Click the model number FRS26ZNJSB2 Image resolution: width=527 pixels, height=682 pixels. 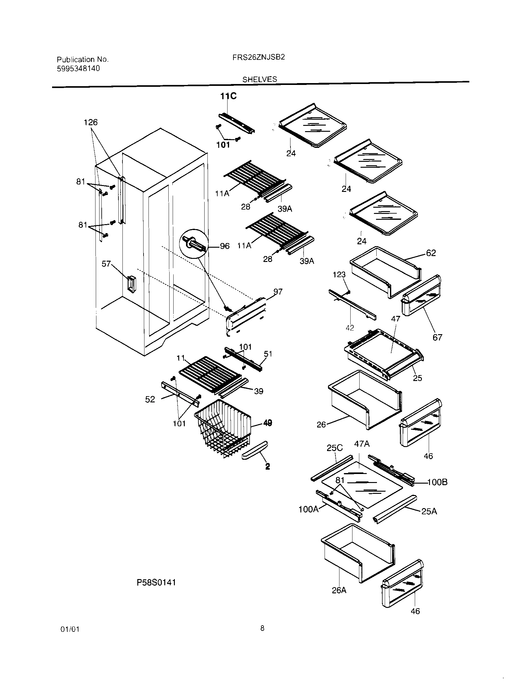(x=259, y=57)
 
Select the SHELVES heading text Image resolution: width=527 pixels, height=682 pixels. (x=260, y=79)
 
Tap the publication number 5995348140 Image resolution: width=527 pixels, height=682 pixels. (x=78, y=69)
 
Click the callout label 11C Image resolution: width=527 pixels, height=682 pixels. (x=228, y=96)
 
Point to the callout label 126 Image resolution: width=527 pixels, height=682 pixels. (x=91, y=122)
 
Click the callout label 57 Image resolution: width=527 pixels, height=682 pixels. (x=106, y=264)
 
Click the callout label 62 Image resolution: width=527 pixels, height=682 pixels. (x=431, y=253)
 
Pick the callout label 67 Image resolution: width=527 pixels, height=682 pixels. (x=437, y=337)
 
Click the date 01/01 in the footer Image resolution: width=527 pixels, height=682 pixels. (x=70, y=629)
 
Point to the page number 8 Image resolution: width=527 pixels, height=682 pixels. (x=262, y=628)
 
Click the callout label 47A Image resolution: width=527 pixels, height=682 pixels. (x=362, y=444)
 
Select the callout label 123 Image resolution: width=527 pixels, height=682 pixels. (x=339, y=274)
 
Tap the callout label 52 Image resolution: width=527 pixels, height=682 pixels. (x=150, y=399)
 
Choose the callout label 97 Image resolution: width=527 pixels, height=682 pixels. (x=278, y=291)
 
